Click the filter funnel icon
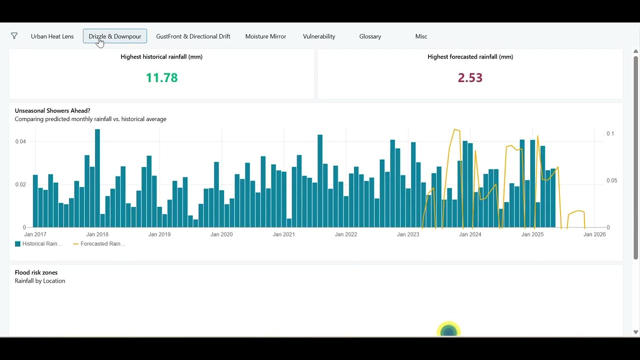pos(14,35)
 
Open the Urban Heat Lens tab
pos(52,36)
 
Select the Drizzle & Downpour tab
pos(115,36)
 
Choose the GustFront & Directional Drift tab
pos(193,36)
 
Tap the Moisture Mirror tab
pos(265,36)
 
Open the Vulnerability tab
pos(319,36)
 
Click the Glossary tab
pos(370,36)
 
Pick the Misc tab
pos(421,36)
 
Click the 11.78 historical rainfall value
pos(161,77)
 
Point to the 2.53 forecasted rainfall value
pos(470,77)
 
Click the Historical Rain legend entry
pos(38,243)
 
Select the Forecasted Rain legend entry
pos(99,243)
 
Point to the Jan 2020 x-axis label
pos(221,234)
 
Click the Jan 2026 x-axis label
pos(594,234)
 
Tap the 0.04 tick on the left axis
pos(20,141)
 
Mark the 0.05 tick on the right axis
pos(611,180)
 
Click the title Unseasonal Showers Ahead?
pos(52,110)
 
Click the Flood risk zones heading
pos(36,272)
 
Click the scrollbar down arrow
pos(635,332)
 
